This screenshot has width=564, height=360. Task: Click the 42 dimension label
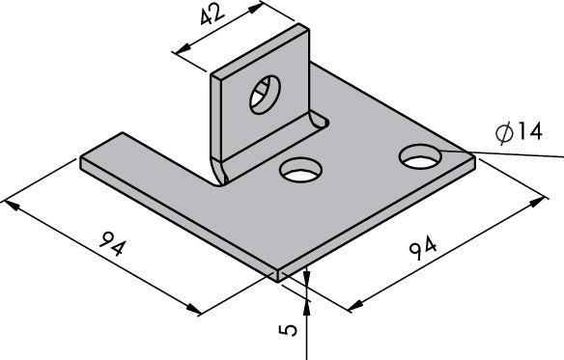point(212,16)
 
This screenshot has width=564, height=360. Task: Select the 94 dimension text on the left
point(114,243)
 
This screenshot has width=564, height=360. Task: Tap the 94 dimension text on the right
point(423,247)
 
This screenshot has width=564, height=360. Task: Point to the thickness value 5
point(288,330)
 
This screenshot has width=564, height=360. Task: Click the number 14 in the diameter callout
point(529,131)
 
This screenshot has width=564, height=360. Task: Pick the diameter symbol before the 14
point(504,132)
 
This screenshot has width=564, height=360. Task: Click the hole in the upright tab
point(265,95)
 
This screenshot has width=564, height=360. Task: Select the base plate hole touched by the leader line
point(420,156)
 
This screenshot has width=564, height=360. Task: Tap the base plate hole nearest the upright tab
point(300,170)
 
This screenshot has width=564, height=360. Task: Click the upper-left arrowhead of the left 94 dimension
point(11,206)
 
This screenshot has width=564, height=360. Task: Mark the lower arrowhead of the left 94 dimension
point(193,308)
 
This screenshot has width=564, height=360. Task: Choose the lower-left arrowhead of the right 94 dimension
point(355,305)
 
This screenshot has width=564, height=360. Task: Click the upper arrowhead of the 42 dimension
point(254,8)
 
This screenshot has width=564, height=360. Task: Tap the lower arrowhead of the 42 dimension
point(184,47)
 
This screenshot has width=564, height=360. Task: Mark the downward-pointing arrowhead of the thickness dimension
point(306,275)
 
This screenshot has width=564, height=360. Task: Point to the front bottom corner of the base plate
point(278,282)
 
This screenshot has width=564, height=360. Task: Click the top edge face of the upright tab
point(260,51)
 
